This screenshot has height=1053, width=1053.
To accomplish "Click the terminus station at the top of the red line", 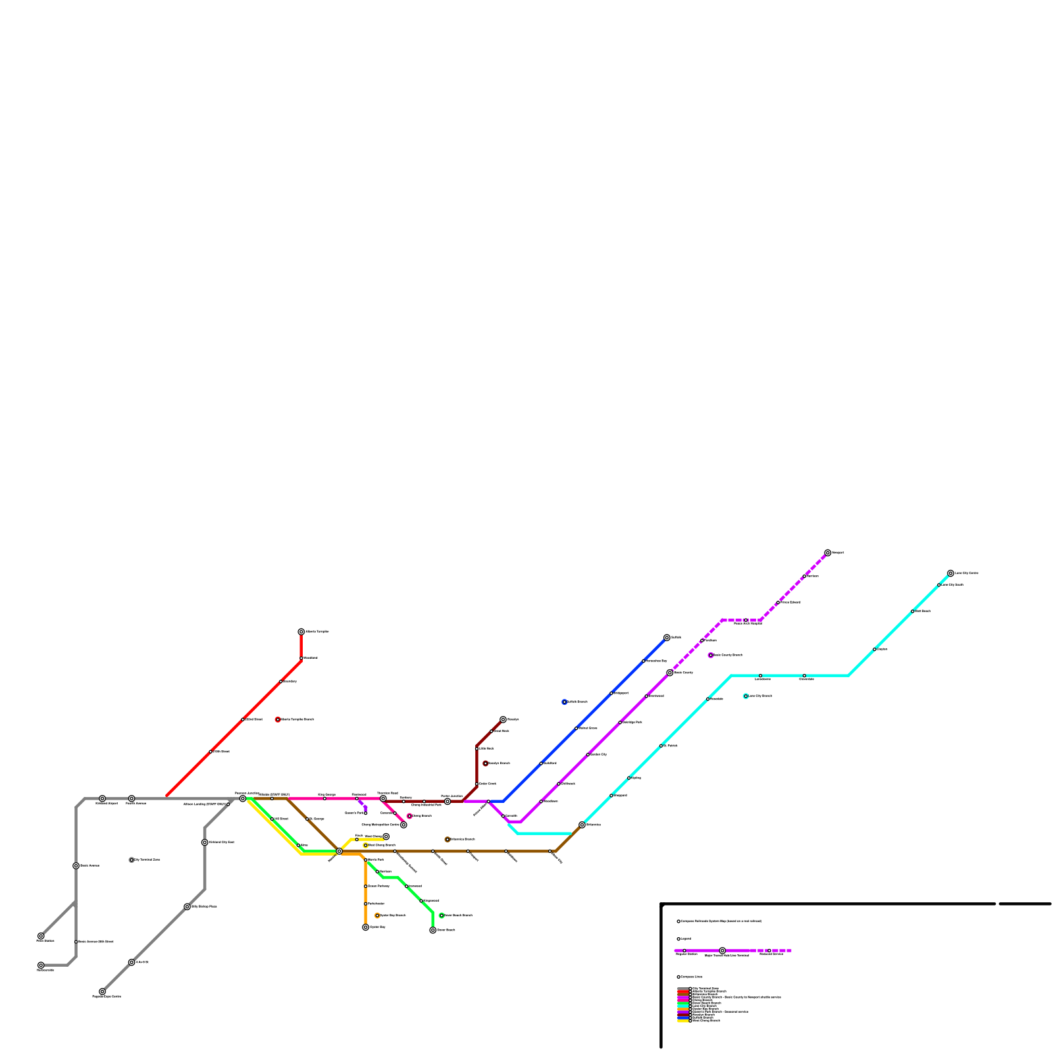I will pyautogui.click(x=301, y=632).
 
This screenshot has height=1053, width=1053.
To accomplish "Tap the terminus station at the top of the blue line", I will pyautogui.click(x=667, y=638).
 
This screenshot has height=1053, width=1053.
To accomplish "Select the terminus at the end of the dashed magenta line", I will pyautogui.click(x=828, y=553).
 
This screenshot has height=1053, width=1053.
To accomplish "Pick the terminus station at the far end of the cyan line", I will pyautogui.click(x=950, y=573).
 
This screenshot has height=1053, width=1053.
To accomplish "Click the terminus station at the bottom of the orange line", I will pyautogui.click(x=366, y=927).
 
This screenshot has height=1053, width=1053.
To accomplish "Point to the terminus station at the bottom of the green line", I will pyautogui.click(x=432, y=930).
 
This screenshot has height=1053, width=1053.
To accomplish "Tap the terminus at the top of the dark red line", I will pyautogui.click(x=503, y=719).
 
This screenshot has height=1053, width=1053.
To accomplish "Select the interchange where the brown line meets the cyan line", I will pyautogui.click(x=582, y=825).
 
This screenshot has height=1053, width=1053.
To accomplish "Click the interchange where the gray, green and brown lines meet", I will pyautogui.click(x=243, y=799).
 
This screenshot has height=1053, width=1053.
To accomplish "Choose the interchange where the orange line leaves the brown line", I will pyautogui.click(x=340, y=852).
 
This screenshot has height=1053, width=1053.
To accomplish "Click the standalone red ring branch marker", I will pyautogui.click(x=278, y=719).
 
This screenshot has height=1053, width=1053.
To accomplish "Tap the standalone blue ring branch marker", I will pyautogui.click(x=565, y=702).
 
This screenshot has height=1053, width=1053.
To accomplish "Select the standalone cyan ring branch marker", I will pyautogui.click(x=746, y=696).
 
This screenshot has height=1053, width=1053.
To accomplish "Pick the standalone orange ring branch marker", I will pyautogui.click(x=377, y=915).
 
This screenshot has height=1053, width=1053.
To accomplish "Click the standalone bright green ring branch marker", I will pyautogui.click(x=442, y=915).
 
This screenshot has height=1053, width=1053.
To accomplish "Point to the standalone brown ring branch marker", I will pyautogui.click(x=448, y=840).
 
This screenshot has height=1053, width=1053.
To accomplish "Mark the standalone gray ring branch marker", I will pyautogui.click(x=132, y=860).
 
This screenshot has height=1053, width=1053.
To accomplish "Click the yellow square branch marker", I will pyautogui.click(x=366, y=846).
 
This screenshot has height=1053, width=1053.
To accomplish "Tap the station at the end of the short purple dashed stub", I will pyautogui.click(x=366, y=813).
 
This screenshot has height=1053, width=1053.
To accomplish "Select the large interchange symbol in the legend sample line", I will pyautogui.click(x=722, y=951).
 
